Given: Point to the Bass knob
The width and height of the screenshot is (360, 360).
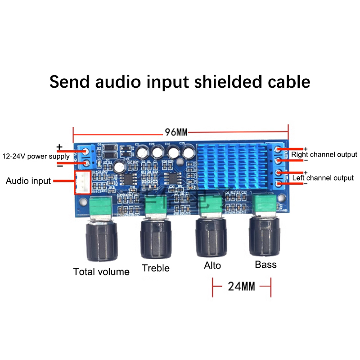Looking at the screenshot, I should [x=265, y=236].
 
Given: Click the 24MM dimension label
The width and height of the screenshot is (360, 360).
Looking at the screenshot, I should [x=242, y=286].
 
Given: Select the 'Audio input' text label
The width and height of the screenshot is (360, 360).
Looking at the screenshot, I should [x=28, y=181].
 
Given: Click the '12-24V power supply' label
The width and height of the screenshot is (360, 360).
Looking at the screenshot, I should [x=36, y=157].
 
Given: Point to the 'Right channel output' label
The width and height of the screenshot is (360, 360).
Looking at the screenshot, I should [x=324, y=154].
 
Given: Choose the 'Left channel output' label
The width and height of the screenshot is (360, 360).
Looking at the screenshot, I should [x=323, y=178].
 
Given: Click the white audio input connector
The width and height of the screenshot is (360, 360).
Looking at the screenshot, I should [x=83, y=182].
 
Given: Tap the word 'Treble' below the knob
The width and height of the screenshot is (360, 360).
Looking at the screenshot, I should [x=156, y=268].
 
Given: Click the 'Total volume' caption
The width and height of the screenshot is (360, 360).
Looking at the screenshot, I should [x=101, y=271].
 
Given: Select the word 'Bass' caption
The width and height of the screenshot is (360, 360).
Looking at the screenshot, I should [x=265, y=264].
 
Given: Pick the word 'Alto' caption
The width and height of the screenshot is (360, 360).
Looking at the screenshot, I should [x=212, y=265].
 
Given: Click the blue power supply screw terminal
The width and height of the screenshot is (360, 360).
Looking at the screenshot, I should [x=85, y=157].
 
